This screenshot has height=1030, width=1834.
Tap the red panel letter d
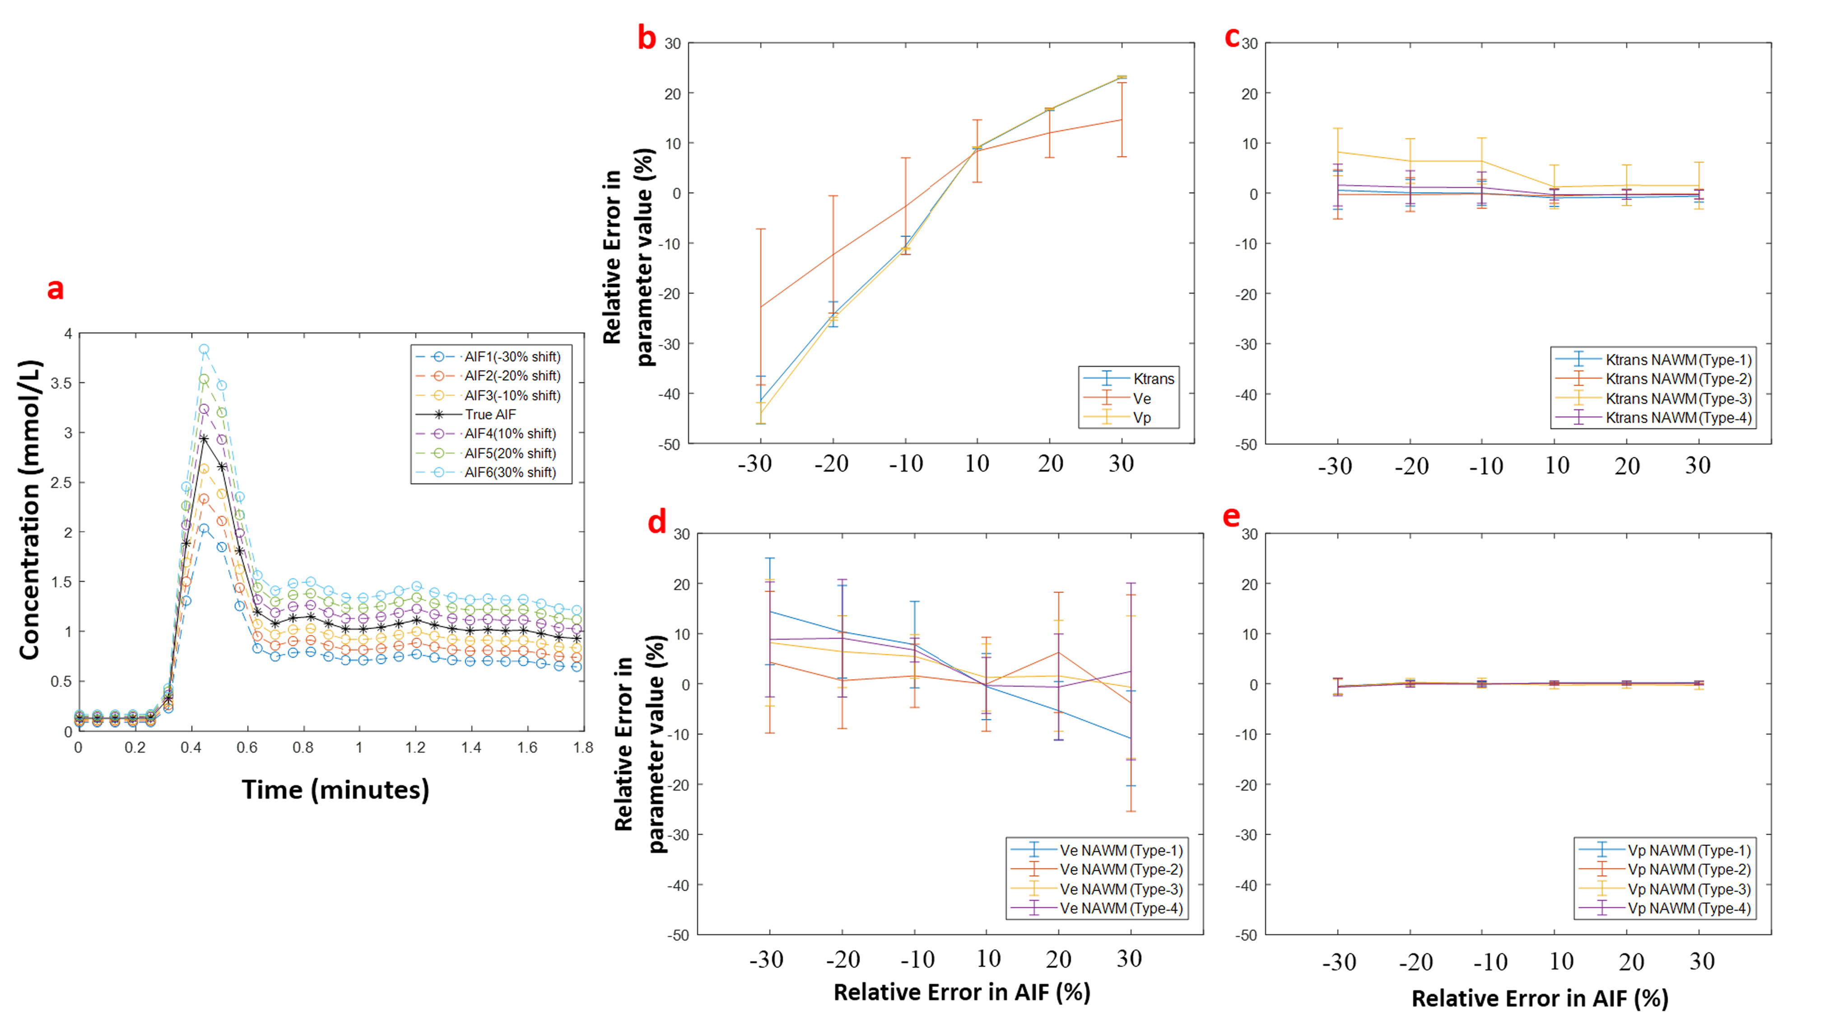click(656, 522)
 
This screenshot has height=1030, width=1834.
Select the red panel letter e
click(1231, 516)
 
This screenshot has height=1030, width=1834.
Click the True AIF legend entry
click(490, 415)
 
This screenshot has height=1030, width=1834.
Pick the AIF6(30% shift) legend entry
click(510, 472)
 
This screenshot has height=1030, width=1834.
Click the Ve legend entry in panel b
click(1141, 398)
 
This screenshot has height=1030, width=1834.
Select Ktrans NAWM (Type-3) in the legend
click(1678, 398)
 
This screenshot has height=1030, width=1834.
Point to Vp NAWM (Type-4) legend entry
click(1689, 908)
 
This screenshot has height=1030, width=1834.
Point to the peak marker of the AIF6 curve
click(204, 349)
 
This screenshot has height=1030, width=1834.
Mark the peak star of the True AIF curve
click(204, 439)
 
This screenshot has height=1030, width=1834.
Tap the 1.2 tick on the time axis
click(415, 747)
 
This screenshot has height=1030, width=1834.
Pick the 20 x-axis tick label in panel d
click(1058, 960)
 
